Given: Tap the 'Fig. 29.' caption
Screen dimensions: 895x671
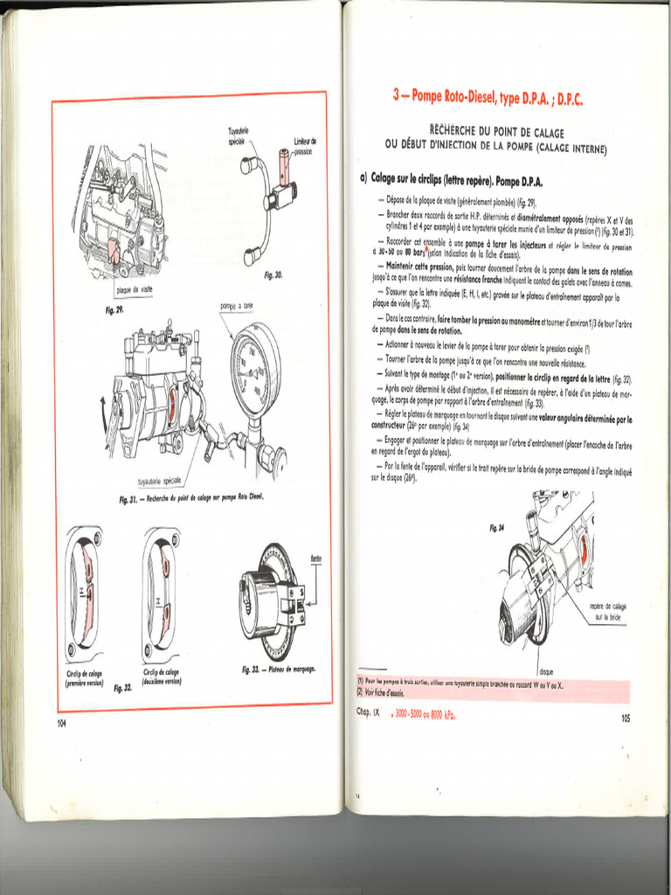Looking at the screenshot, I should (114, 309).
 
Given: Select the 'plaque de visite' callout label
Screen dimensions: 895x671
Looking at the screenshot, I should (134, 290).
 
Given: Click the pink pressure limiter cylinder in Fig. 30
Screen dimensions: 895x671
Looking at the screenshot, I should (284, 162).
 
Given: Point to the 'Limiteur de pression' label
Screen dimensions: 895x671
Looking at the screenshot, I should (305, 146).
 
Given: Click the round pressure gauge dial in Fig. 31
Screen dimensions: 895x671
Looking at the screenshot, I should (255, 368).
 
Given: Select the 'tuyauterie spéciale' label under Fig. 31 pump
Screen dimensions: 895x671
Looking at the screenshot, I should (160, 481).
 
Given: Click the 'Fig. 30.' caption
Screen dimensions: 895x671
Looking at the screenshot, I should (273, 274).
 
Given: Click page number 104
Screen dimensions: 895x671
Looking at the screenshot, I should (61, 722).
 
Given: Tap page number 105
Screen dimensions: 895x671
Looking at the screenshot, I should (625, 718).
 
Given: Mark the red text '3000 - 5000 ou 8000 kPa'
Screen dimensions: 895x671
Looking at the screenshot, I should (425, 713).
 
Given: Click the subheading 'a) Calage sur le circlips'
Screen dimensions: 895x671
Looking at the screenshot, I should (451, 179).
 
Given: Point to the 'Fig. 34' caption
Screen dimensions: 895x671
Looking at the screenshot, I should (497, 527).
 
